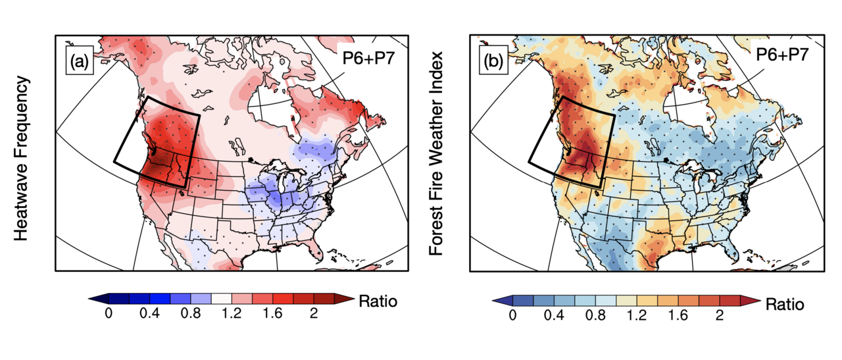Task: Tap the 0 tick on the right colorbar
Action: [513, 316]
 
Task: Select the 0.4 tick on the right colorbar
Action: [555, 316]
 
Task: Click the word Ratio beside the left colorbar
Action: [378, 302]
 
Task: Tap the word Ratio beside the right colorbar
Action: [784, 305]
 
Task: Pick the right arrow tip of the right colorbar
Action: [758, 301]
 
